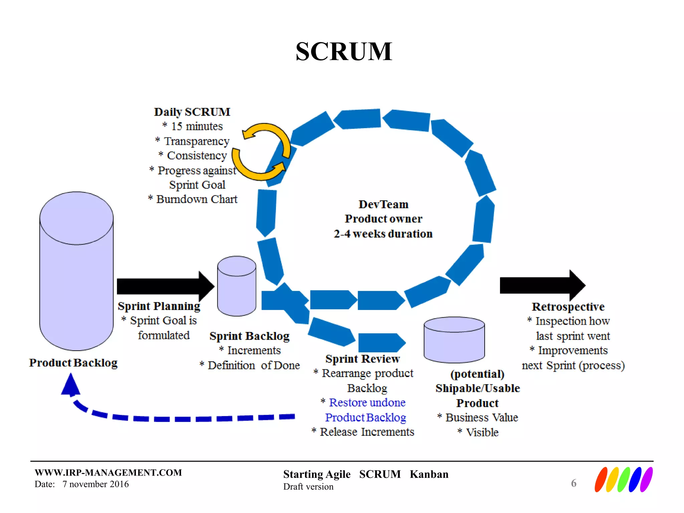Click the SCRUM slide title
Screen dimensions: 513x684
click(344, 52)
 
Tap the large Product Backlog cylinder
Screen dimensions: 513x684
click(76, 271)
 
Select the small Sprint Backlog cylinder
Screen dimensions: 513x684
click(236, 286)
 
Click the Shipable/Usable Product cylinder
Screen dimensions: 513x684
click(454, 340)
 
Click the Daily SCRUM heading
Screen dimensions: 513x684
click(192, 112)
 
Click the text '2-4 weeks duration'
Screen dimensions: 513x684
click(383, 234)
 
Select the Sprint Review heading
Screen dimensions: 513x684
click(362, 359)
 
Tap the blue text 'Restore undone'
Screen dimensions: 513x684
click(367, 402)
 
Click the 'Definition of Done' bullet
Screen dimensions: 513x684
click(253, 365)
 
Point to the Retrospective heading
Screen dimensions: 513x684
click(568, 307)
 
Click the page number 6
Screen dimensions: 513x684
click(573, 483)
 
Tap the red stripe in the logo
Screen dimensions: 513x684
click(601, 480)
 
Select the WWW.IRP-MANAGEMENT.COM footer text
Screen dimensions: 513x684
click(108, 473)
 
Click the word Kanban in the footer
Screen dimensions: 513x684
click(429, 474)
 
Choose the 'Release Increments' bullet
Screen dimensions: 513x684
click(367, 432)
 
